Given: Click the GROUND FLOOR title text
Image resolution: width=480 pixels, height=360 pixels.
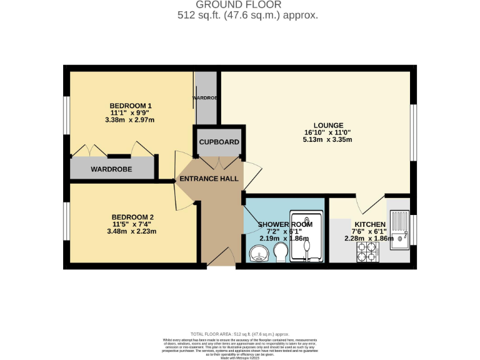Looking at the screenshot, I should [239, 5].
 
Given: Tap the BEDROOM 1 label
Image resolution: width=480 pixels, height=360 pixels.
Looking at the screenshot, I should [131, 106].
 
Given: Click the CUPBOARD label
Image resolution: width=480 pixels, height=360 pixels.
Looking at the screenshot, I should [219, 142].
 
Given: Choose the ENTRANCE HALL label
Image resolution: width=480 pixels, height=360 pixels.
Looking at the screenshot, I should [209, 179].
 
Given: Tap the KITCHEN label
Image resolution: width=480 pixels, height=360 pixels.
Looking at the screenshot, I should [370, 224].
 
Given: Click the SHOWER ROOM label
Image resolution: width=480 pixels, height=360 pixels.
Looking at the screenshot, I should [285, 224].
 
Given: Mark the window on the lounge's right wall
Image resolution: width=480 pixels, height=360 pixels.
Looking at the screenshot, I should [412, 132].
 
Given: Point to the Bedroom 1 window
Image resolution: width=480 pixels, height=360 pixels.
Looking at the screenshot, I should [66, 116].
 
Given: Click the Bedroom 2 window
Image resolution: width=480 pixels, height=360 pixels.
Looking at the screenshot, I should [66, 222].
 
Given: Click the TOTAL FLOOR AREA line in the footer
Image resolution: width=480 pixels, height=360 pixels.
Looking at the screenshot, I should [239, 334].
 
